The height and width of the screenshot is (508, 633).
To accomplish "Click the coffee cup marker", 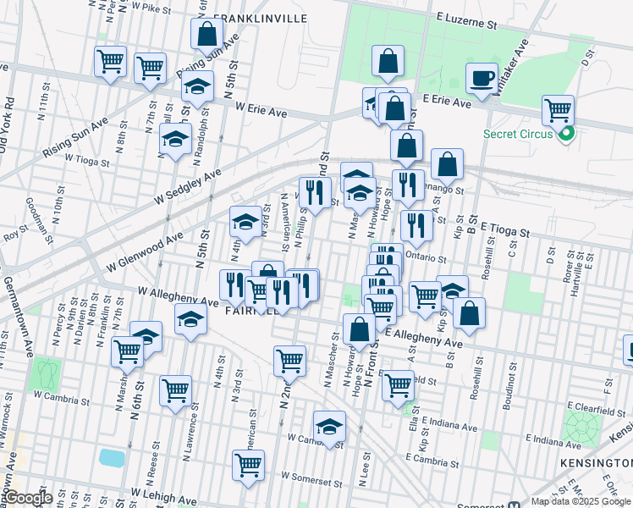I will pyautogui.click(x=482, y=79).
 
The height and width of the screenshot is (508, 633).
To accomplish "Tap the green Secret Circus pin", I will pyautogui.click(x=566, y=133).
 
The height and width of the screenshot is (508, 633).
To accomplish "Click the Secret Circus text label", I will pyautogui.click(x=518, y=134).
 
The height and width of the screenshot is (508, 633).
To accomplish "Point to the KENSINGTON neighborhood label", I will pyautogui.click(x=596, y=463).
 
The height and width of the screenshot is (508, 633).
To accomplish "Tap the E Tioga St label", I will pyautogui.click(x=504, y=230).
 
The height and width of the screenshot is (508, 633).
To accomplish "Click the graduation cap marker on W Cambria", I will pyautogui.click(x=329, y=425).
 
